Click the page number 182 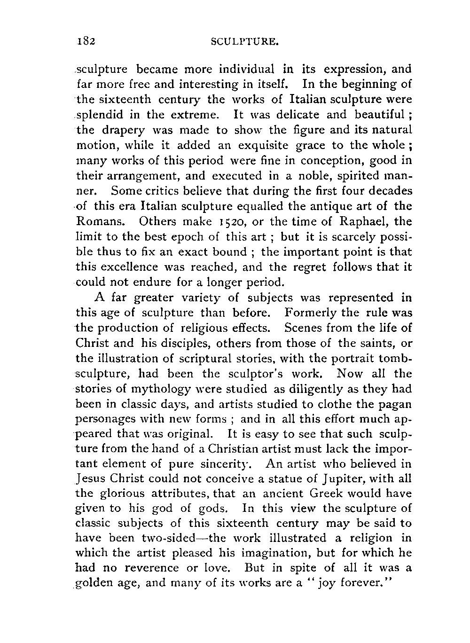pos(87,41)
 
